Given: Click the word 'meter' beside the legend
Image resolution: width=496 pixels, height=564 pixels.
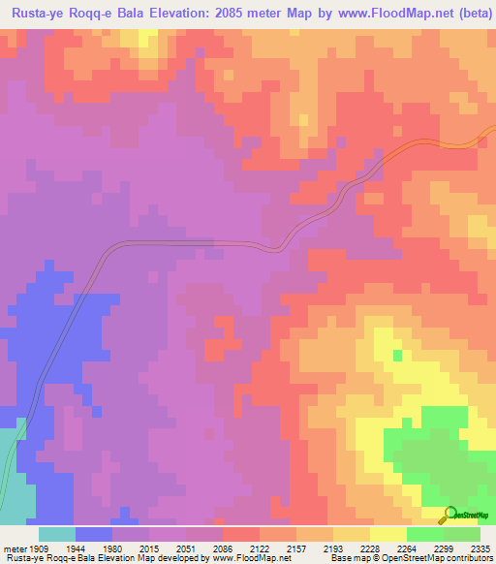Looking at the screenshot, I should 13,548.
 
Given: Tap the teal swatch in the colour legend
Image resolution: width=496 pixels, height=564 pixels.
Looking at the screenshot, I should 56,534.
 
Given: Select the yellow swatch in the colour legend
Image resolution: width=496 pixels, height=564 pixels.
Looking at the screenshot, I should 387,534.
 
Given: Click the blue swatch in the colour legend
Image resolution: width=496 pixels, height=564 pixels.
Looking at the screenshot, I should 93,534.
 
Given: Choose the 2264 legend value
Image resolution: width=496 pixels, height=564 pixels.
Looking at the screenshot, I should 411,548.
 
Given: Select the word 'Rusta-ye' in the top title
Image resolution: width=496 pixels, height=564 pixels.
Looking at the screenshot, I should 39,15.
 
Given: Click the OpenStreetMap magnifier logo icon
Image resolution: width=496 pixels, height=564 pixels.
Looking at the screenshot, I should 448,515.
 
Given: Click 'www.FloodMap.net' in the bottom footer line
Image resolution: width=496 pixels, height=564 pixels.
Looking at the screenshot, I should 252,559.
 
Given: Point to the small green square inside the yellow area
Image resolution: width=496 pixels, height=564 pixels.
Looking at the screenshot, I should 397,355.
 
